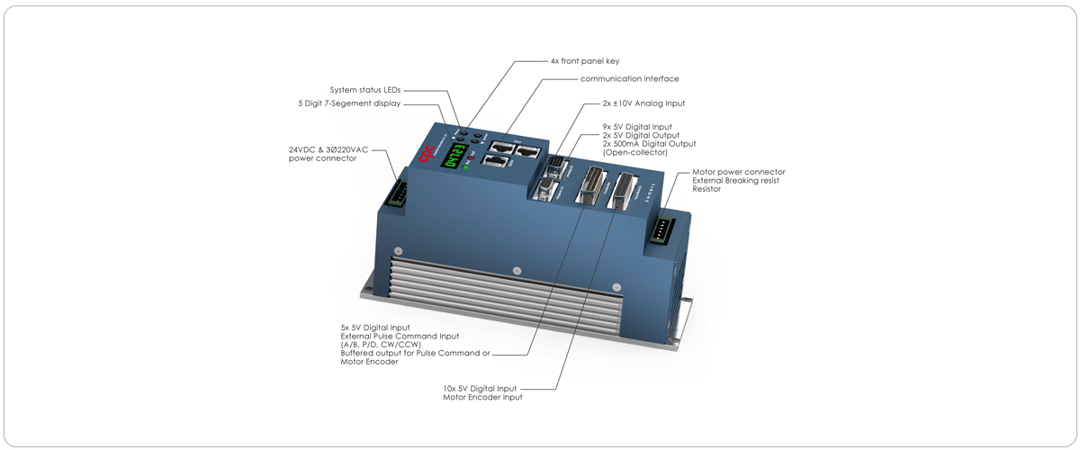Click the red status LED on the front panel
coord(470,157)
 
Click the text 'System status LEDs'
coord(365,90)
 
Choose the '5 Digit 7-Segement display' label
coord(349,103)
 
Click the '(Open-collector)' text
coord(634,152)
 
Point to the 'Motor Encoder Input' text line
coord(482,397)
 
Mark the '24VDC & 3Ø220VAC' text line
coord(328,149)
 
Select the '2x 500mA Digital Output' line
coord(649,144)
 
